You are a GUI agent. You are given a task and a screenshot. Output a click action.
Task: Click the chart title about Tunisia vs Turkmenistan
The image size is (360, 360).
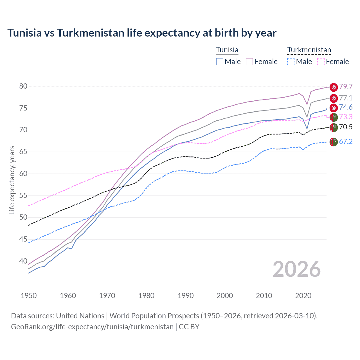click(x=142, y=33)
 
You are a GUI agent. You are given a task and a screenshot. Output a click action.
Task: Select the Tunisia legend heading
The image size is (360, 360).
click(x=227, y=50)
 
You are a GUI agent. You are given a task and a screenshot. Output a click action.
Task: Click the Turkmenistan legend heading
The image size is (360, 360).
click(x=309, y=50)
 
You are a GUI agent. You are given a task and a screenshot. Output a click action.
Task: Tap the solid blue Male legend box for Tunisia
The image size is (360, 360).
click(x=220, y=62)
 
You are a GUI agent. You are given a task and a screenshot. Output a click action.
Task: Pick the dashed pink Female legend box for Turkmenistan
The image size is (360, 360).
click(x=321, y=62)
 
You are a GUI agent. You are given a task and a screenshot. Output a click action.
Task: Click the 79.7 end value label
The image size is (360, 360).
click(x=346, y=87)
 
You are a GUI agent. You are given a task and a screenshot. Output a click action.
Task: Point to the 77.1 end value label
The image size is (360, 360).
click(x=346, y=98)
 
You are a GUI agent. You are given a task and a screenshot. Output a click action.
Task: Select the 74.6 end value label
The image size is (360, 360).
click(x=346, y=107)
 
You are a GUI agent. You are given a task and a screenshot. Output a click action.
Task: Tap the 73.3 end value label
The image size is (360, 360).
click(x=346, y=117)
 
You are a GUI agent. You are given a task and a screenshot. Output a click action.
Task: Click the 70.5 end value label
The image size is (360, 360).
click(x=346, y=127)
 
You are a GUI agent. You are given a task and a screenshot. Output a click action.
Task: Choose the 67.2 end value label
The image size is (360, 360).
click(x=346, y=141)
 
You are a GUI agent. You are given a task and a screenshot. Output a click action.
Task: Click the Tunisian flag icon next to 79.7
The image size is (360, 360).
click(x=334, y=87)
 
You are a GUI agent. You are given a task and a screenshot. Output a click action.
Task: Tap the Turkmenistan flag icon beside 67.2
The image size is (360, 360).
click(x=334, y=142)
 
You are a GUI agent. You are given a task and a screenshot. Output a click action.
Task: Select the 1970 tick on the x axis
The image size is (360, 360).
click(x=107, y=296)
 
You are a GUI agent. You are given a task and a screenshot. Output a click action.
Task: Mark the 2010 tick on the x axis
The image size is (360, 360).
click(x=264, y=296)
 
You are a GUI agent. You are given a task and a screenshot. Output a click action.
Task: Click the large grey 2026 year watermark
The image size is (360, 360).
click(x=296, y=269)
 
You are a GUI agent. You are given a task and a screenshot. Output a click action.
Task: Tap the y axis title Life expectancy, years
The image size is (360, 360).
click(x=12, y=180)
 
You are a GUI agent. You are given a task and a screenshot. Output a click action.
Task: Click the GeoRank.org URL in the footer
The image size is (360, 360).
click(x=92, y=327)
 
